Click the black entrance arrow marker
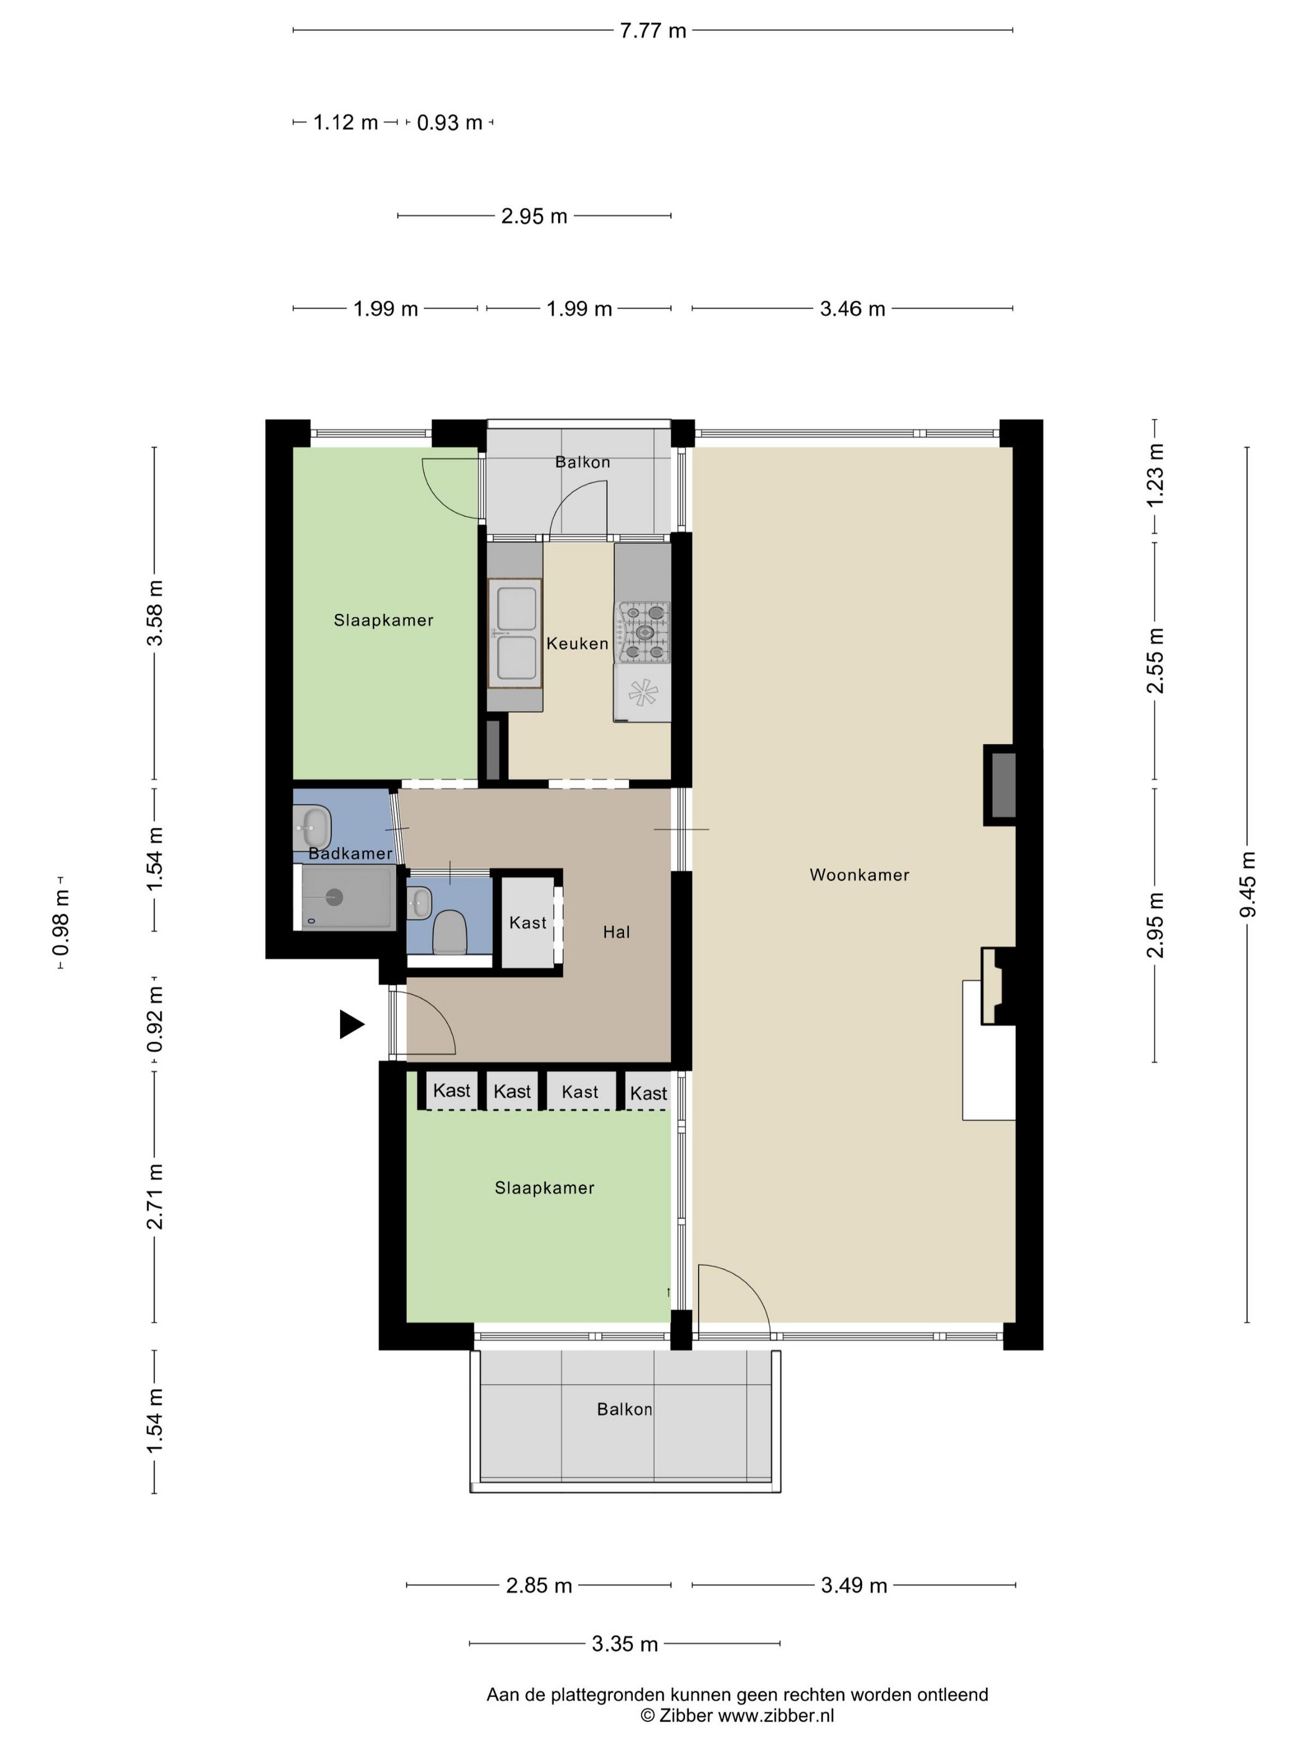(351, 1025)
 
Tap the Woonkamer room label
(860, 875)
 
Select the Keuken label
(577, 644)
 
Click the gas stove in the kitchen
(643, 631)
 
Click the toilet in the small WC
(450, 932)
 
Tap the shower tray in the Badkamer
(347, 897)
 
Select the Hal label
(617, 932)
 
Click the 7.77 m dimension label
(653, 31)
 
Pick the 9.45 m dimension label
(1248, 884)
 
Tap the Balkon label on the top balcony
(582, 462)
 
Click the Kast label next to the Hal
(528, 923)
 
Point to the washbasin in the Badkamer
(312, 828)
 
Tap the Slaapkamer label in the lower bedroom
(544, 1188)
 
